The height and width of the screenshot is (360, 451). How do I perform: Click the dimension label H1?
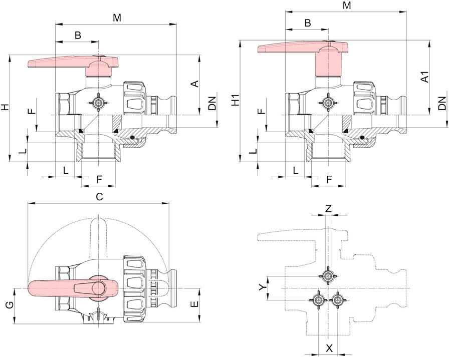pyautogui.click(x=237, y=102)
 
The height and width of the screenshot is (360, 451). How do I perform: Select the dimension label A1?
pyautogui.click(x=425, y=77)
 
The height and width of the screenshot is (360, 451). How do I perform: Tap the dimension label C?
pyautogui.click(x=99, y=197)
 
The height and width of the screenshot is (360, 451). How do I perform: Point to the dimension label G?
pyautogui.click(x=9, y=305)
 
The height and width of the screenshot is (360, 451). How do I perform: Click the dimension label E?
pyautogui.click(x=195, y=304)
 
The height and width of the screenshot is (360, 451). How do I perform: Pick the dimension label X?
pyautogui.click(x=329, y=348)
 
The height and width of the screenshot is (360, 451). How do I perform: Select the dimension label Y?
pyautogui.click(x=262, y=287)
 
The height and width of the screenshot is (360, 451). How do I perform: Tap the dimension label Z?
pyautogui.click(x=328, y=208)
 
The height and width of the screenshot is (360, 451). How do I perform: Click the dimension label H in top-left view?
pyautogui.click(x=5, y=108)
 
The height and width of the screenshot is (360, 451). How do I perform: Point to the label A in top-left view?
pyautogui.click(x=195, y=84)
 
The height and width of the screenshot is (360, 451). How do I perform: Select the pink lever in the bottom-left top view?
pyautogui.click(x=74, y=288)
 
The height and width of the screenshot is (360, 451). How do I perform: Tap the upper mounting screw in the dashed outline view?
pyautogui.click(x=328, y=276)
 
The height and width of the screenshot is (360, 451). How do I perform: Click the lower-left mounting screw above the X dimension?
pyautogui.click(x=319, y=300)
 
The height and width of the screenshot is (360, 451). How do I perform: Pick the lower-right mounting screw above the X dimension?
pyautogui.click(x=337, y=300)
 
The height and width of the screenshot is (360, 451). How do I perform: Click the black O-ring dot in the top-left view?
pyautogui.click(x=132, y=138)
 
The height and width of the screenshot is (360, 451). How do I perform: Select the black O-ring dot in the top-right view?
pyautogui.click(x=362, y=138)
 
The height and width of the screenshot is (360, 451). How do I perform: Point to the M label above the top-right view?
pyautogui.click(x=347, y=5)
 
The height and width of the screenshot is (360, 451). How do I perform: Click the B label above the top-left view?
pyautogui.click(x=78, y=35)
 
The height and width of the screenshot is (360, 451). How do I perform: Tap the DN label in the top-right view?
pyautogui.click(x=442, y=103)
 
